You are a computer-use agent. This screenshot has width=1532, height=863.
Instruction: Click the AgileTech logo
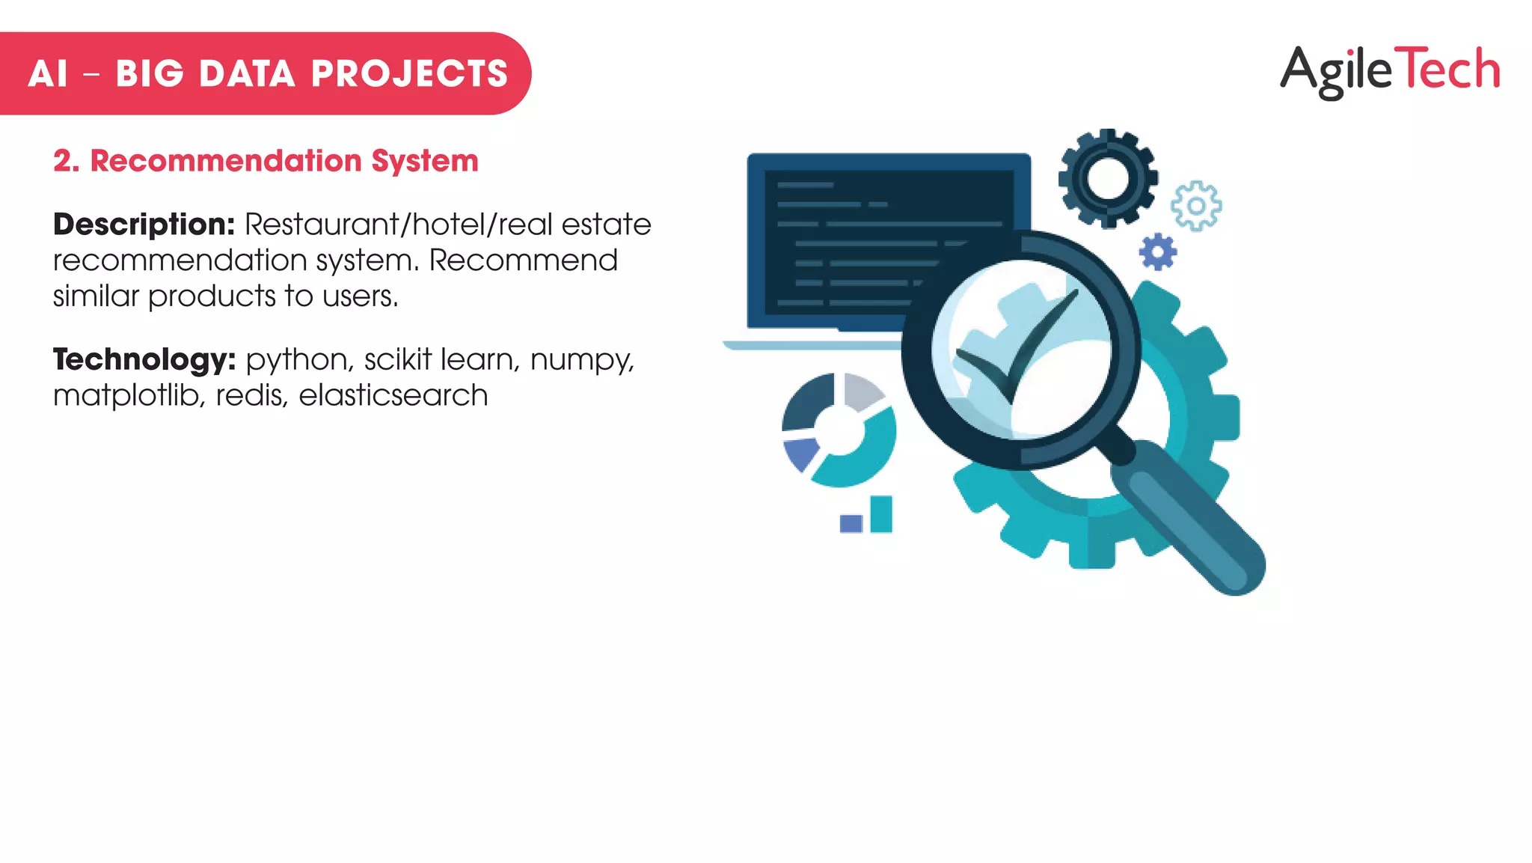[x=1390, y=70]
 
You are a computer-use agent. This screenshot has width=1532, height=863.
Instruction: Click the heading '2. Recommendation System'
[x=266, y=161]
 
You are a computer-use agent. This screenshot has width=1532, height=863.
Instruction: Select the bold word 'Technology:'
[x=144, y=360]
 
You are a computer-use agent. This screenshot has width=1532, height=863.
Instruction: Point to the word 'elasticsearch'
[x=393, y=395]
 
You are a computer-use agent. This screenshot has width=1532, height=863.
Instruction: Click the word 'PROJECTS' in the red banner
[x=409, y=74]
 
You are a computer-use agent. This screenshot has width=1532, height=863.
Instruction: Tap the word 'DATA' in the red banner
[x=247, y=74]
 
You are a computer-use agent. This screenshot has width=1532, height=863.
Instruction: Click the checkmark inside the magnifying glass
[x=1017, y=348]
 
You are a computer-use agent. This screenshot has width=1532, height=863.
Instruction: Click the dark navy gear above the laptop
[x=1108, y=178]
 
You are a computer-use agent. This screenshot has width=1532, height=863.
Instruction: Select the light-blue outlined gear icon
[x=1196, y=206]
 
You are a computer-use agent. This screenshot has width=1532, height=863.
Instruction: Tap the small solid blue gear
[x=1157, y=251]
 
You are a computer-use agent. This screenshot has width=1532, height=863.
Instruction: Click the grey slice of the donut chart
[x=862, y=391]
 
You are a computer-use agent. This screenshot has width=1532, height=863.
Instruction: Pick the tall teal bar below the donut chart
[x=881, y=513]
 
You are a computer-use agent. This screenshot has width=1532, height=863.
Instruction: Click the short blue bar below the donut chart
[x=851, y=522]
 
